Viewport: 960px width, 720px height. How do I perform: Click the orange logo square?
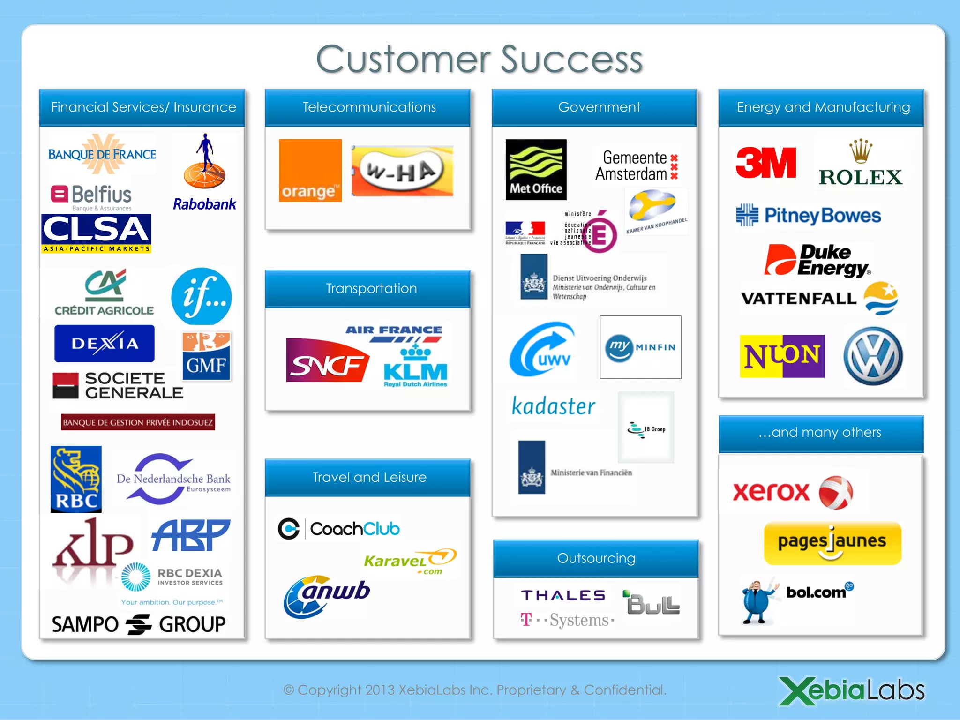point(310,170)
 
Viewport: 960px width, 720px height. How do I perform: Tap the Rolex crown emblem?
point(860,151)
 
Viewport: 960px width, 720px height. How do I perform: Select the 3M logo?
point(765,163)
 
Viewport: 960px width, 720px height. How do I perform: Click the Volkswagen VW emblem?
point(873,356)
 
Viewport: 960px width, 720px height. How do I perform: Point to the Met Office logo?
point(536,170)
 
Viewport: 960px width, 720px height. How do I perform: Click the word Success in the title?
point(572,60)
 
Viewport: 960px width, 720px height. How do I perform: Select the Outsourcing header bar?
point(596,558)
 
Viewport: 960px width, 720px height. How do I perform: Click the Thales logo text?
point(563,595)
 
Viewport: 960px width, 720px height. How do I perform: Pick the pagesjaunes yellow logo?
point(832,543)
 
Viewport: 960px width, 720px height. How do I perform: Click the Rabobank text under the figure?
point(204,204)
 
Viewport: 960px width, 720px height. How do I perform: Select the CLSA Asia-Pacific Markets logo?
point(97,233)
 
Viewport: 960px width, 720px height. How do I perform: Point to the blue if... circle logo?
point(202,296)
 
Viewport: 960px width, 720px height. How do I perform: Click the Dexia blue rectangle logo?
point(105,344)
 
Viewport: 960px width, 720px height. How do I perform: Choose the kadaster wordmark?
point(553,406)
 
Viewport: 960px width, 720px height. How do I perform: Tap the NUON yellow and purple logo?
point(782,356)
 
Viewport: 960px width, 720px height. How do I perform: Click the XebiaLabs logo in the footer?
point(852,690)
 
